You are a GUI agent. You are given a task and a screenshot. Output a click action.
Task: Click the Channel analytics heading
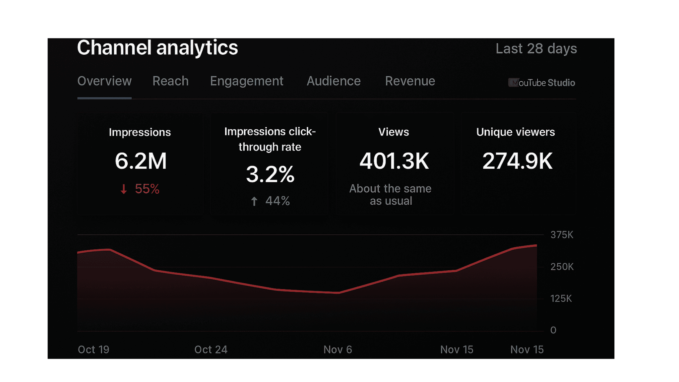pyautogui.click(x=157, y=48)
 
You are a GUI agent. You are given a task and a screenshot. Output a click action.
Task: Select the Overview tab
pyautogui.click(x=104, y=81)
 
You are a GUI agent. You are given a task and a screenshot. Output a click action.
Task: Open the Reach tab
pyautogui.click(x=170, y=81)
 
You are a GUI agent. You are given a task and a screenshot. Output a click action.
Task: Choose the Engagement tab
pyautogui.click(x=247, y=81)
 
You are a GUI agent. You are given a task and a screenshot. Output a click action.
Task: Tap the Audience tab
pyautogui.click(x=334, y=81)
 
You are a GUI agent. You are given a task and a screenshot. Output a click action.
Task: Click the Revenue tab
pyautogui.click(x=410, y=81)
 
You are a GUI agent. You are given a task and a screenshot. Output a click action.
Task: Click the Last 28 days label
pyautogui.click(x=536, y=49)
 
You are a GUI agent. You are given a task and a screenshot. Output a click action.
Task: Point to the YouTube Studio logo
pyautogui.click(x=542, y=83)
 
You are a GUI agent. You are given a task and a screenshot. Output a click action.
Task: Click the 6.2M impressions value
pyautogui.click(x=141, y=161)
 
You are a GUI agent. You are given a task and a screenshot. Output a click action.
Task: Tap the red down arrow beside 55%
pyautogui.click(x=124, y=189)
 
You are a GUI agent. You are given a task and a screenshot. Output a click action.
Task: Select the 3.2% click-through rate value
pyautogui.click(x=270, y=174)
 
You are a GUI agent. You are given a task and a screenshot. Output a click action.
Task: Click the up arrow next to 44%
pyautogui.click(x=254, y=201)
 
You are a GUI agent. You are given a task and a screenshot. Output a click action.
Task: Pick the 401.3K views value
pyautogui.click(x=394, y=161)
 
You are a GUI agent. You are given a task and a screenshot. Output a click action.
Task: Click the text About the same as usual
pyautogui.click(x=391, y=195)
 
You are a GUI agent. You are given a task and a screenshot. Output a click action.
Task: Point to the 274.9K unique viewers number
pyautogui.click(x=517, y=161)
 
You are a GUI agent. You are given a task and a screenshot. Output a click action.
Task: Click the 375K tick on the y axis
pyautogui.click(x=562, y=235)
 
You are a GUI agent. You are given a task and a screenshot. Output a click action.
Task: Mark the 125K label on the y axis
pyautogui.click(x=561, y=298)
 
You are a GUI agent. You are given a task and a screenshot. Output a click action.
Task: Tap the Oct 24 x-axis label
pyautogui.click(x=211, y=350)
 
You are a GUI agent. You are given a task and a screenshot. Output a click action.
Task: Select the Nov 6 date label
pyautogui.click(x=338, y=350)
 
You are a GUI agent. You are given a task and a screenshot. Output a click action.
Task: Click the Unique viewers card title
pyautogui.click(x=516, y=132)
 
